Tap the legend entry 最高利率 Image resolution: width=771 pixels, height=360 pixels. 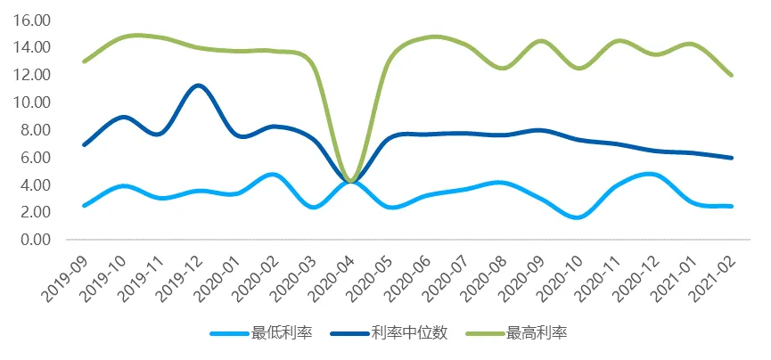(537, 333)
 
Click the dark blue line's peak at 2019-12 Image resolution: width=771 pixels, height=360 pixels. (198, 86)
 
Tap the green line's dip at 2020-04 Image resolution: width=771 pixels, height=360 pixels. (351, 182)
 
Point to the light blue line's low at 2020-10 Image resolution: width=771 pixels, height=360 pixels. (579, 217)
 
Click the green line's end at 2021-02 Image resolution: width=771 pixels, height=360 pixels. (732, 75)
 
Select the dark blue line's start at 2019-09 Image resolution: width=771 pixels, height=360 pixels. (84, 144)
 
